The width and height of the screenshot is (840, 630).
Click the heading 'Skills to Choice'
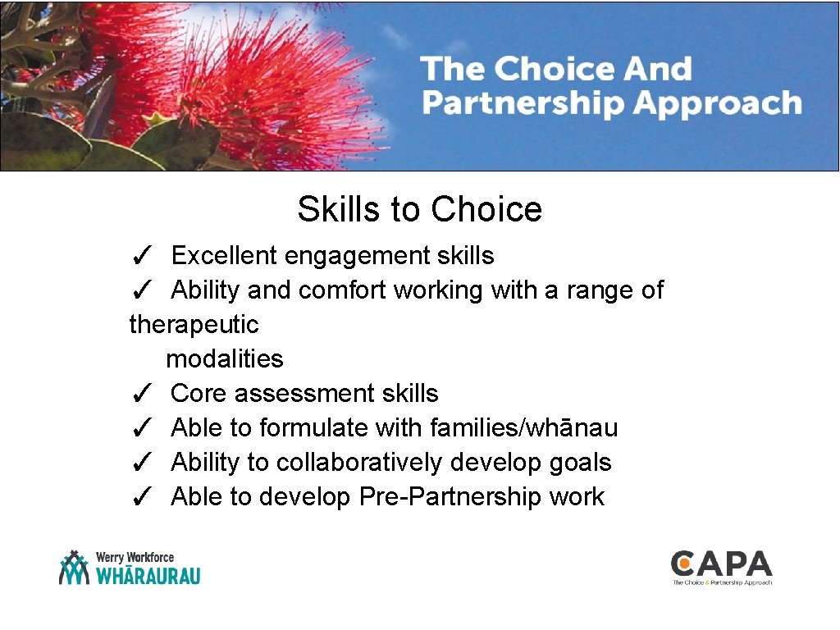(419, 209)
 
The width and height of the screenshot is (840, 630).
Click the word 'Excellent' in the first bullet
(224, 256)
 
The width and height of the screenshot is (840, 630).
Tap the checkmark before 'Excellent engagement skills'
(140, 257)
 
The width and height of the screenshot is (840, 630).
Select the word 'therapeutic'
(194, 325)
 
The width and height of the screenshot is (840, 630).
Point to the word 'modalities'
(224, 359)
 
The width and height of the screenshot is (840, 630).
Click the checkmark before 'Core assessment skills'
(140, 395)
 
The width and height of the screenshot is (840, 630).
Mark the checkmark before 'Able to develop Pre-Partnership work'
(140, 498)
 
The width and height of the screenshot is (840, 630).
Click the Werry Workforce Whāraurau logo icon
(74, 568)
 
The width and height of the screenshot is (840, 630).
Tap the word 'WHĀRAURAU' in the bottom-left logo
(148, 576)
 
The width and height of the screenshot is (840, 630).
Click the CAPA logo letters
(721, 564)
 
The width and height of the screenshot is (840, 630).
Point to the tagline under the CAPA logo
(722, 582)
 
